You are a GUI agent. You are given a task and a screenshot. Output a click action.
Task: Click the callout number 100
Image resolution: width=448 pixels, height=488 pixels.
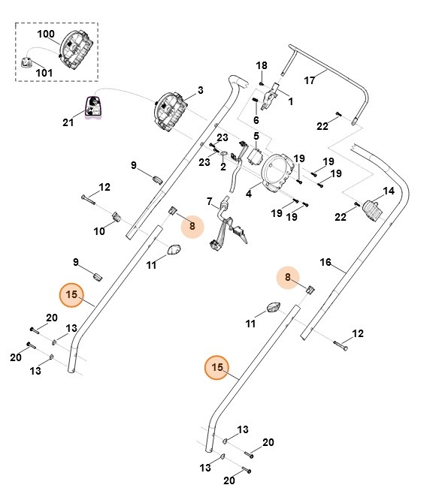tap(46, 34)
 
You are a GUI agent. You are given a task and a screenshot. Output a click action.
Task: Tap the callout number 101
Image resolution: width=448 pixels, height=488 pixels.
tap(44, 73)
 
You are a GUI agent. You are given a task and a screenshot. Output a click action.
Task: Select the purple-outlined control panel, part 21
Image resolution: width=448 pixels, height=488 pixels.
tap(93, 107)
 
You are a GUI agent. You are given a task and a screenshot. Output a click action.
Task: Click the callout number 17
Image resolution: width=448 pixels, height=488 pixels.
tap(310, 80)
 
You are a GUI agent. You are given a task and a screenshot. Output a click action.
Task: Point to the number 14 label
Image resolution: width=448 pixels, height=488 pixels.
tap(389, 191)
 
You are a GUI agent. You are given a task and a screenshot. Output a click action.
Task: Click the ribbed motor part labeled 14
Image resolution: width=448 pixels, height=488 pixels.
tap(373, 211)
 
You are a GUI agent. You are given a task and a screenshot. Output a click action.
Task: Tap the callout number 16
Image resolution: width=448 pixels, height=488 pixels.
tap(325, 262)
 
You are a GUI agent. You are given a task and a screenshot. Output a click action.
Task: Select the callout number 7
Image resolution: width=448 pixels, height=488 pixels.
tap(210, 201)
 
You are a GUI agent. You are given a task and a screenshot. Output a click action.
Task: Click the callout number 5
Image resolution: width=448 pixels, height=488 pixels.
tap(256, 136)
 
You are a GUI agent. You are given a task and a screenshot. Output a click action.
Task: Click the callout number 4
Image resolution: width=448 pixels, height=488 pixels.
tap(248, 194)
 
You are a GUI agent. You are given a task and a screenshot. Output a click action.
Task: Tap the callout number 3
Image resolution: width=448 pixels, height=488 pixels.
tap(201, 90)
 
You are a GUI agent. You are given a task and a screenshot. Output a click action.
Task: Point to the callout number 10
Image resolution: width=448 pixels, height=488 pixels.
tap(99, 231)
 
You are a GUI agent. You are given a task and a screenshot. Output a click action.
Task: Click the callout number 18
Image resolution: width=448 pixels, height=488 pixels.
tap(262, 65)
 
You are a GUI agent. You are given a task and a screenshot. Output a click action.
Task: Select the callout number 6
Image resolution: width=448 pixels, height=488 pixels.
tap(256, 120)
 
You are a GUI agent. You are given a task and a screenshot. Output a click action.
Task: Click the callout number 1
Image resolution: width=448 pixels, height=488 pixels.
tap(291, 101)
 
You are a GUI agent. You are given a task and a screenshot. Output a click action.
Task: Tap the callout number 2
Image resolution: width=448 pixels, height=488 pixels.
tap(223, 167)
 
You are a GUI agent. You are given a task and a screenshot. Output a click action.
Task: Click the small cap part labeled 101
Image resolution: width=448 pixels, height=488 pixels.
tap(27, 62)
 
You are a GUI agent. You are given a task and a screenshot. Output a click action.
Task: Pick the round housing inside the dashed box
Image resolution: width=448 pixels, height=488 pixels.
tap(76, 50)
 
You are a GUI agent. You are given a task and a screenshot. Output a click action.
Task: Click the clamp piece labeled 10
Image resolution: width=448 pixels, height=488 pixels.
tap(117, 217)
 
